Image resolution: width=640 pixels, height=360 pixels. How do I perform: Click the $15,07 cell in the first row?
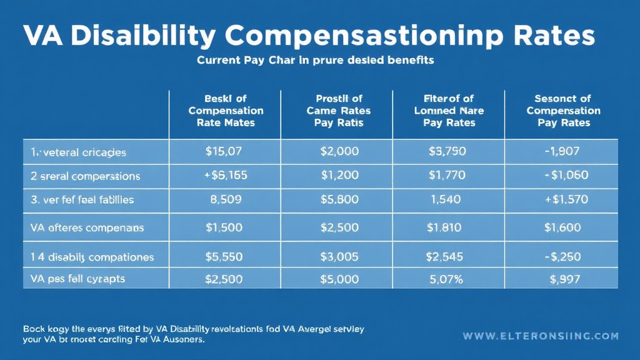[224, 152]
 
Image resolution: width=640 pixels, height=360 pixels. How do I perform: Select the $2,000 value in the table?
[340, 152]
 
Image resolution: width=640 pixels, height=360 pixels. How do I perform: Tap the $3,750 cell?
[447, 152]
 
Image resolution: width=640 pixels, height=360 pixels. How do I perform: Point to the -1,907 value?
[562, 152]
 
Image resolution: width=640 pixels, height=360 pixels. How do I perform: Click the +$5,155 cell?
[226, 176]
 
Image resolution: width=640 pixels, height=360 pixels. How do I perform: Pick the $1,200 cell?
[340, 176]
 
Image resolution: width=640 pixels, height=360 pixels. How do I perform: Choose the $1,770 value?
[447, 176]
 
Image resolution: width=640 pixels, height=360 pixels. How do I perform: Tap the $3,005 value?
[340, 256]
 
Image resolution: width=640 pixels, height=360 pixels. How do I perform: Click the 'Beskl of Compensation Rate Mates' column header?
[226, 111]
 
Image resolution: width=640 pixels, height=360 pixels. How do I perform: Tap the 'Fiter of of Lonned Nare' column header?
[449, 111]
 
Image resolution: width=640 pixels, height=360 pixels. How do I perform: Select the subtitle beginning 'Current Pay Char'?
[315, 61]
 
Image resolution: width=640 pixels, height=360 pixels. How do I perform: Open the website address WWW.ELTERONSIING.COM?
[541, 336]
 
